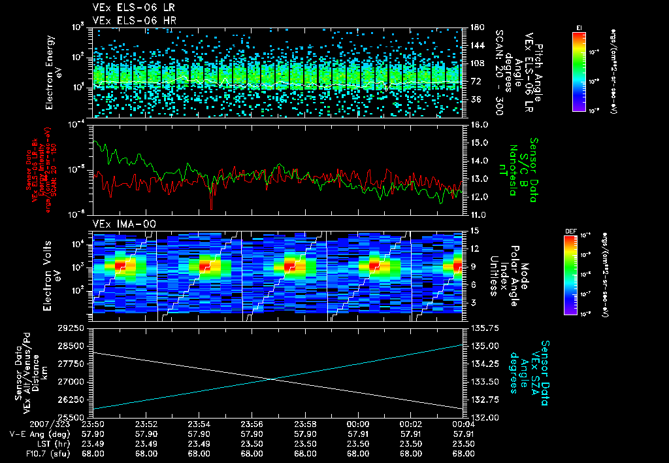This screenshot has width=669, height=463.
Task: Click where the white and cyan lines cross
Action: click(271, 379)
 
